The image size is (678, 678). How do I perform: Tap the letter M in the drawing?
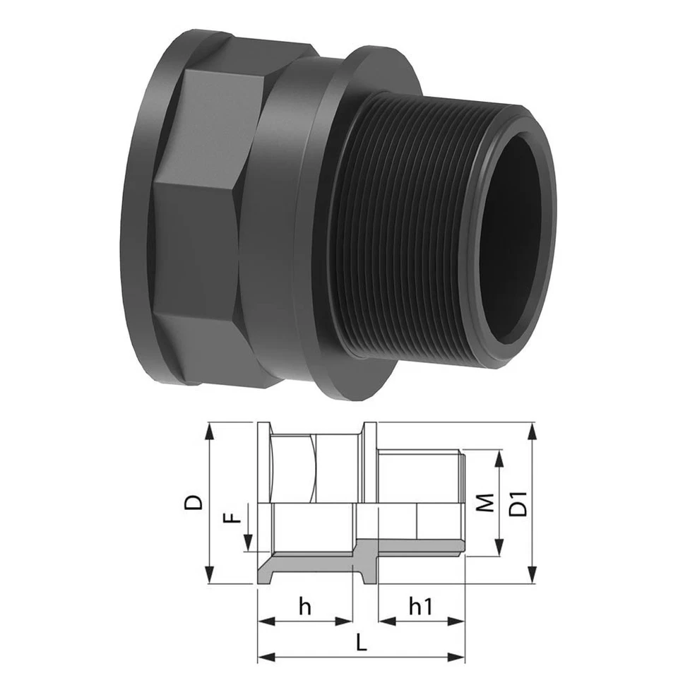(x=484, y=503)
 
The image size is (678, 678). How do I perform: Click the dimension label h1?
(x=422, y=607)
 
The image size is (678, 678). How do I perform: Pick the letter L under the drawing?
(x=361, y=643)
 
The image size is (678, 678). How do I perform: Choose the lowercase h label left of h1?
(x=305, y=606)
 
